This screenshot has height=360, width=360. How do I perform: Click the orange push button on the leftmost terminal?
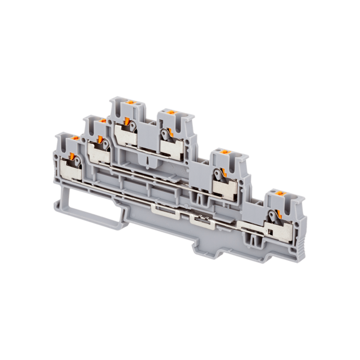click(x=76, y=139)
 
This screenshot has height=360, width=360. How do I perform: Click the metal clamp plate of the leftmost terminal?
click(x=71, y=174)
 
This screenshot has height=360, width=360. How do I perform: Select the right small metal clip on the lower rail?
click(x=197, y=219)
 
